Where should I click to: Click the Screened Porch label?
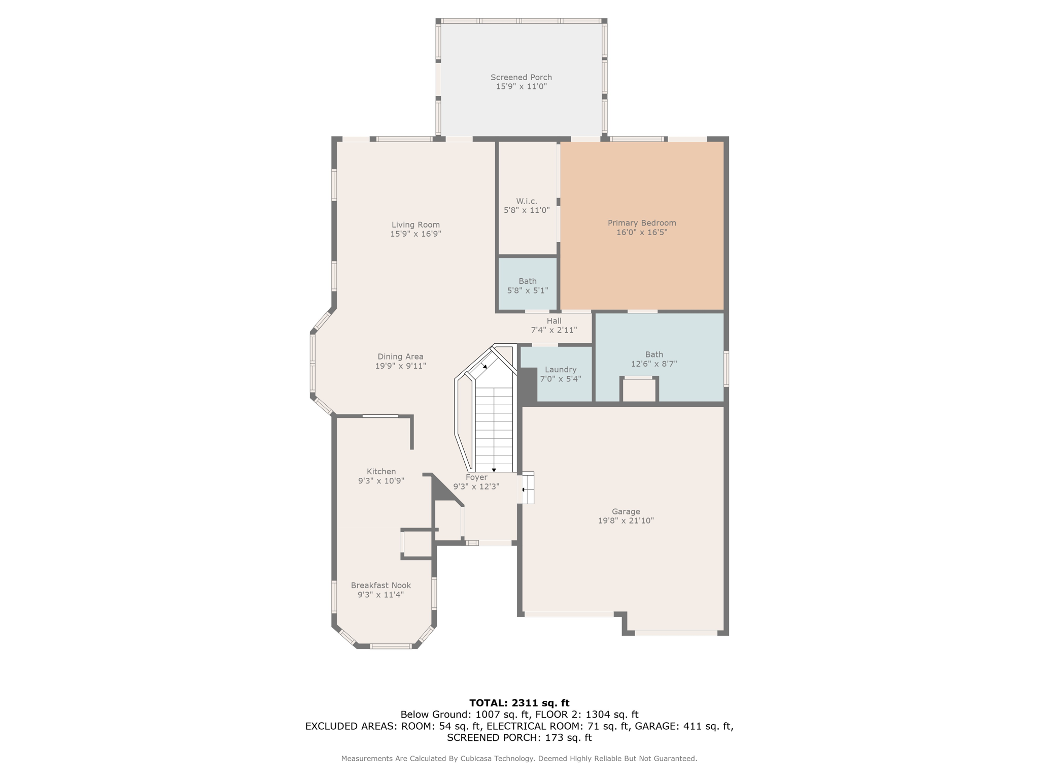521,77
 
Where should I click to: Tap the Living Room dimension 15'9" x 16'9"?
415,234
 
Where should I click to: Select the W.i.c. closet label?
527,201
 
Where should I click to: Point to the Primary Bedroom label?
642,223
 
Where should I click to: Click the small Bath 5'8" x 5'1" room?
528,285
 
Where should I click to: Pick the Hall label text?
554,321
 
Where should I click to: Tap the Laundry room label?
561,370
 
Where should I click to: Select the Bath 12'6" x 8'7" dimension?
654,364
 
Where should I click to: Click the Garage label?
626,511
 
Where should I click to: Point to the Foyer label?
476,477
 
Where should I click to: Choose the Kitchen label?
381,471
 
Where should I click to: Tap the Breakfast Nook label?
380,586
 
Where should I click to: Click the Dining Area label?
400,356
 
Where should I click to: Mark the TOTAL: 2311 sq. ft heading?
519,703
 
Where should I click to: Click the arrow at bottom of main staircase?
494,470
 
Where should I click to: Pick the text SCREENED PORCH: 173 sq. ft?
519,738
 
